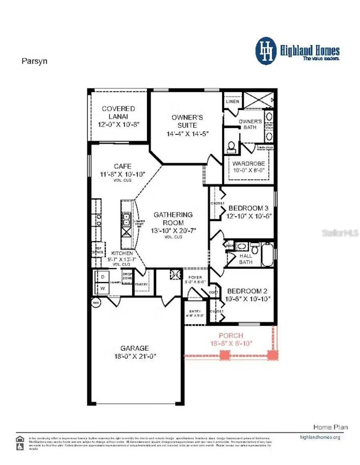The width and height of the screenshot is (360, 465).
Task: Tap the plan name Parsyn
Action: click(x=34, y=61)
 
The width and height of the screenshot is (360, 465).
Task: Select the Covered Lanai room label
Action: click(x=118, y=112)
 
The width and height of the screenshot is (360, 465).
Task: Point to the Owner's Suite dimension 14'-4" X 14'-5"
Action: click(x=187, y=134)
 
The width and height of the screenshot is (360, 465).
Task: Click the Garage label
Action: click(x=135, y=348)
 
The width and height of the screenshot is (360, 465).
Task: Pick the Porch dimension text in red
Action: click(x=231, y=343)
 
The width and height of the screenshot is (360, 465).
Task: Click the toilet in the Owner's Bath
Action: click(x=231, y=147)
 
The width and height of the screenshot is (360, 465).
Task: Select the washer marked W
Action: click(x=103, y=288)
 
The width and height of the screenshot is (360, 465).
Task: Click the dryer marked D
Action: click(x=103, y=277)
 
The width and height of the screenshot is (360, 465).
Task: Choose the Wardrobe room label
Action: click(x=249, y=164)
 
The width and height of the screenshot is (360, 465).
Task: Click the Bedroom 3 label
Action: click(x=248, y=208)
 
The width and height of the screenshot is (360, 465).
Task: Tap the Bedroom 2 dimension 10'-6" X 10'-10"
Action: click(x=248, y=299)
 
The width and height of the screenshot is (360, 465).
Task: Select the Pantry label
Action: click(x=141, y=284)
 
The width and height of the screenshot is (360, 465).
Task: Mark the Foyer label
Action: click(x=195, y=277)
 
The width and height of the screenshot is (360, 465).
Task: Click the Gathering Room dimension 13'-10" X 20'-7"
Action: click(x=173, y=231)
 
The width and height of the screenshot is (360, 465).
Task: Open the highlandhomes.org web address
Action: click(x=320, y=437)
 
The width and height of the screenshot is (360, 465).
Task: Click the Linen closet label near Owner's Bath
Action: click(x=232, y=101)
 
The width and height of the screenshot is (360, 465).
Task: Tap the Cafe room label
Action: click(x=123, y=166)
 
